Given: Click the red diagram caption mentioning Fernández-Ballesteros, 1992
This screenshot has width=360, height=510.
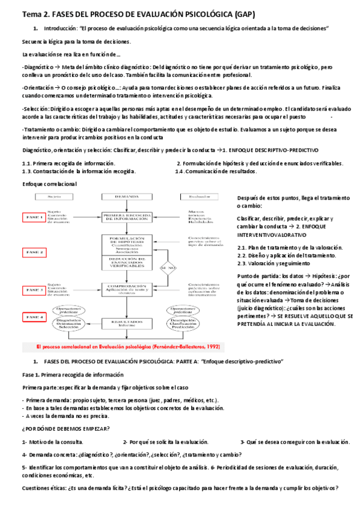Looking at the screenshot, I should click(x=120, y=347).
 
